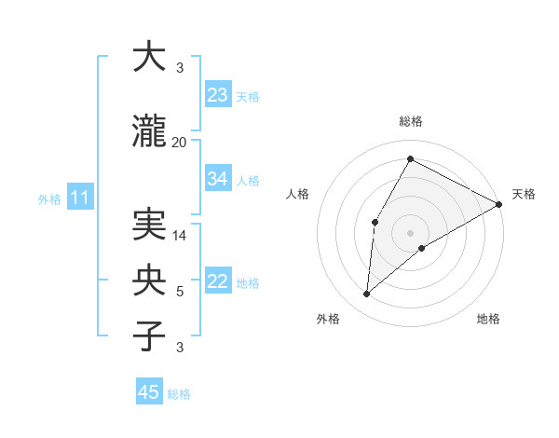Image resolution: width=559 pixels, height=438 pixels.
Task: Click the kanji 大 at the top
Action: tap(149, 57)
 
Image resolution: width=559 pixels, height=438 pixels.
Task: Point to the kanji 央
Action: tap(149, 281)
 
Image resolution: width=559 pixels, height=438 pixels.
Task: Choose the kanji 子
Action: tap(149, 336)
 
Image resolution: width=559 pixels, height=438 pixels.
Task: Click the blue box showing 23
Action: tap(218, 95)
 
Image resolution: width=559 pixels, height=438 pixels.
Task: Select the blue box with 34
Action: tap(218, 179)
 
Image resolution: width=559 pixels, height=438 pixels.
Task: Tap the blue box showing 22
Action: tap(218, 282)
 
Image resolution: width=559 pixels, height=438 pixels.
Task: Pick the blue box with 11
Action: tap(79, 198)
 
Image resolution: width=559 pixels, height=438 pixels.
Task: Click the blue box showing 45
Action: tap(149, 392)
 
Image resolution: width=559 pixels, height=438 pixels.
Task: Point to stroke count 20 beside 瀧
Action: tap(180, 142)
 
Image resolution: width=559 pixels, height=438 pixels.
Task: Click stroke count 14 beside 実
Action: tap(180, 236)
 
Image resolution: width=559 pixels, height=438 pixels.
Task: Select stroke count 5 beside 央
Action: tap(180, 292)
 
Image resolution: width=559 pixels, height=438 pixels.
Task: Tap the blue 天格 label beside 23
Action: tap(248, 96)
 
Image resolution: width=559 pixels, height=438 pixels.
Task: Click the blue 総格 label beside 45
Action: tap(179, 394)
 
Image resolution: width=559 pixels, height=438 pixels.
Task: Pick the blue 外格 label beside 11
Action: tap(49, 198)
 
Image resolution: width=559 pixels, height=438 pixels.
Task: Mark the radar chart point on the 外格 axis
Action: tap(367, 294)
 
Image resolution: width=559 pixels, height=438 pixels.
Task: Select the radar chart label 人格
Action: tap(298, 194)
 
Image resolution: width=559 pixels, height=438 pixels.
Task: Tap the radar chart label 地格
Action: tap(488, 320)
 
